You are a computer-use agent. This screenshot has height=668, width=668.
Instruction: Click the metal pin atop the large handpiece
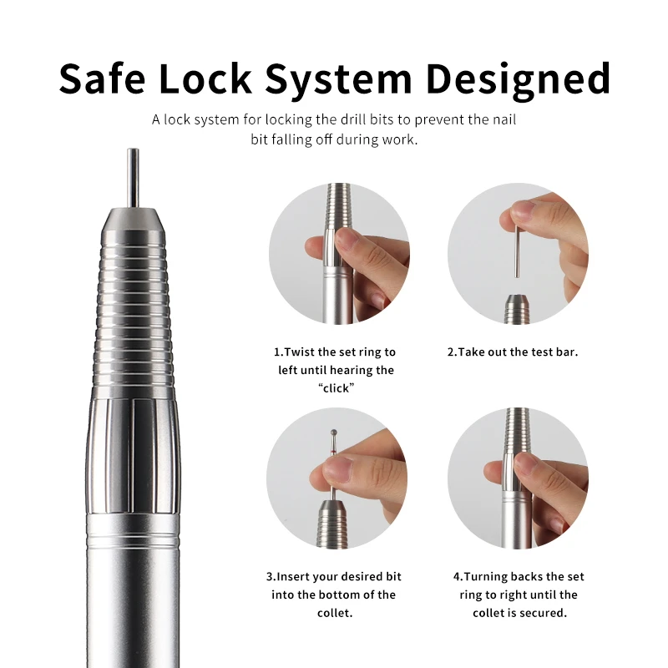132,175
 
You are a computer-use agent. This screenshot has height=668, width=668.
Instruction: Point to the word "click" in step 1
335,387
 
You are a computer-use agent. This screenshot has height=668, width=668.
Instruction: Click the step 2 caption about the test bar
512,352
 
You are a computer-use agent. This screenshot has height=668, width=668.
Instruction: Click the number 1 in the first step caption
277,352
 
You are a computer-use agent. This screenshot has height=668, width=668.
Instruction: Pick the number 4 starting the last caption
457,577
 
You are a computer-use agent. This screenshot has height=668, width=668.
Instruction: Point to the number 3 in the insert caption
270,577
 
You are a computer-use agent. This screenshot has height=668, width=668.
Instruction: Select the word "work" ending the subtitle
399,139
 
